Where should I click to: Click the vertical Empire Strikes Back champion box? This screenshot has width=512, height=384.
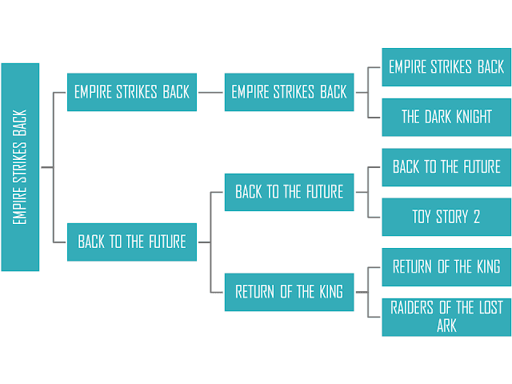tap(20, 167)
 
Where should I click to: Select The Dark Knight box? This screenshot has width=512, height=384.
tap(446, 118)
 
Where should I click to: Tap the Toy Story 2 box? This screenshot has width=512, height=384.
tap(446, 217)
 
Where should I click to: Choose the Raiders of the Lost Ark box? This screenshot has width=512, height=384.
tap(446, 317)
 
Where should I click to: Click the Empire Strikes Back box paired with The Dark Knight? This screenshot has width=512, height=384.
tap(446, 67)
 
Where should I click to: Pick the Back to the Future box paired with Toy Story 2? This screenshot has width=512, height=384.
tap(446, 167)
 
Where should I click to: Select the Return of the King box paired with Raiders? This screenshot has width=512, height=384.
tap(446, 267)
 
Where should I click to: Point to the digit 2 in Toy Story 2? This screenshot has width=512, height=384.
tap(477, 217)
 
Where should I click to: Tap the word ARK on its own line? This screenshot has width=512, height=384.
tap(446, 326)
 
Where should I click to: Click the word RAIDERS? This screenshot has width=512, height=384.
tap(412, 307)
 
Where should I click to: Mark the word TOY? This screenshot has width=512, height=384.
tap(422, 217)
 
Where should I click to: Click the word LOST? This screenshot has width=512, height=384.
tap(490, 307)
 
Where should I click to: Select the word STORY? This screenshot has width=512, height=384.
tap(452, 217)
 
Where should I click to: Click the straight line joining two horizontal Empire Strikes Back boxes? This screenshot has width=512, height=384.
tap(210, 93)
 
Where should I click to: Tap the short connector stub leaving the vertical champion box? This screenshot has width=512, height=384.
tap(47, 167)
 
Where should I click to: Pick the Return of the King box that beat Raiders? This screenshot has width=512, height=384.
tap(290, 292)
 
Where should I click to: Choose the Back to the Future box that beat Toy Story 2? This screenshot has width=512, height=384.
tap(290, 192)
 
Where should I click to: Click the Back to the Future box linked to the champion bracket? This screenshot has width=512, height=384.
tap(132, 242)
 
